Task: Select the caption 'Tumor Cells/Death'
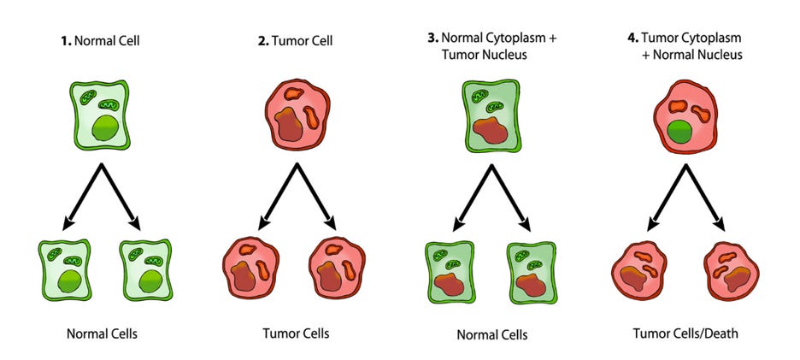(685, 333)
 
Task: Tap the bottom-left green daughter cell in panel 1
(64, 269)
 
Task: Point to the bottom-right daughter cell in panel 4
(732, 271)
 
